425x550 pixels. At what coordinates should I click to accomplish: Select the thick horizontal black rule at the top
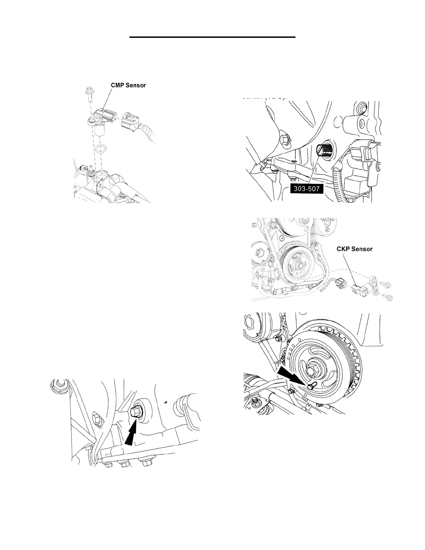pos(212,36)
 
